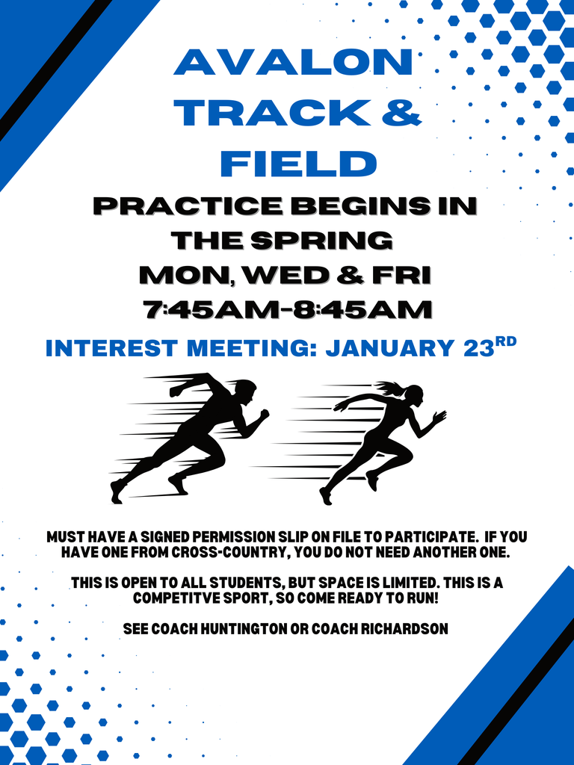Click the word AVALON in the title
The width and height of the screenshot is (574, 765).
click(293, 62)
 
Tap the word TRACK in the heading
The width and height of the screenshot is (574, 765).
click(272, 114)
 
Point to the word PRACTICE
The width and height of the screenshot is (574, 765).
click(186, 206)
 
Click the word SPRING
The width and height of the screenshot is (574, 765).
click(321, 241)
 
